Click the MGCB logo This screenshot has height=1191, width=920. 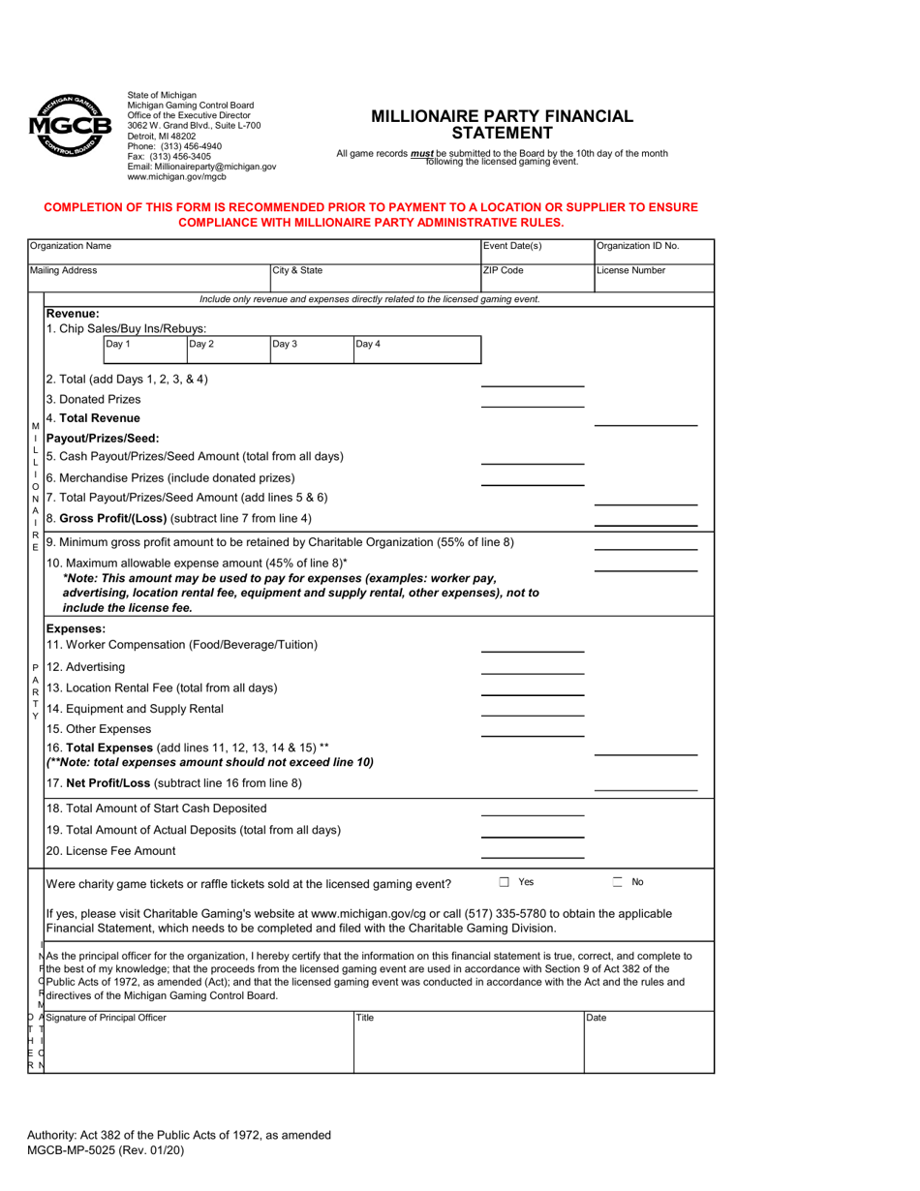tap(71, 127)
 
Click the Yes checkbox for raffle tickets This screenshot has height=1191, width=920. tap(505, 882)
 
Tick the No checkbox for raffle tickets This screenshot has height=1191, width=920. tap(618, 882)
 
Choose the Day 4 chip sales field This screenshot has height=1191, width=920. tap(416, 350)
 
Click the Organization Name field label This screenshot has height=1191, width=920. tap(70, 246)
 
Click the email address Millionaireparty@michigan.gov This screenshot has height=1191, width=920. tap(201, 167)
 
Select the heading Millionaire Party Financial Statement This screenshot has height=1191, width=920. tap(503, 125)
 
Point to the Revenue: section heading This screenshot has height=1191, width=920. tap(73, 314)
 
